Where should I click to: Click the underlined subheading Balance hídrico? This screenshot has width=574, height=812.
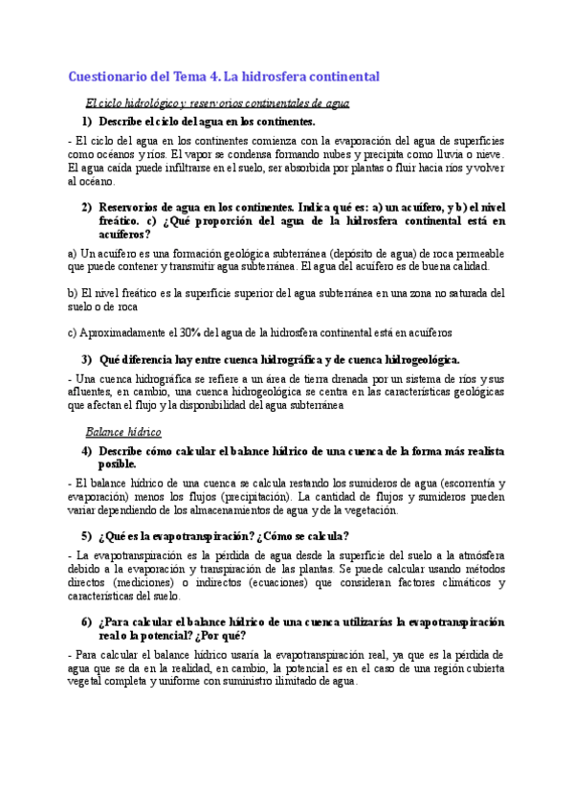(x=123, y=432)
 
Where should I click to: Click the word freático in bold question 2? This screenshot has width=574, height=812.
(x=121, y=219)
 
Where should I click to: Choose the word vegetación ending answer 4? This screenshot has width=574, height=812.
(x=366, y=510)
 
